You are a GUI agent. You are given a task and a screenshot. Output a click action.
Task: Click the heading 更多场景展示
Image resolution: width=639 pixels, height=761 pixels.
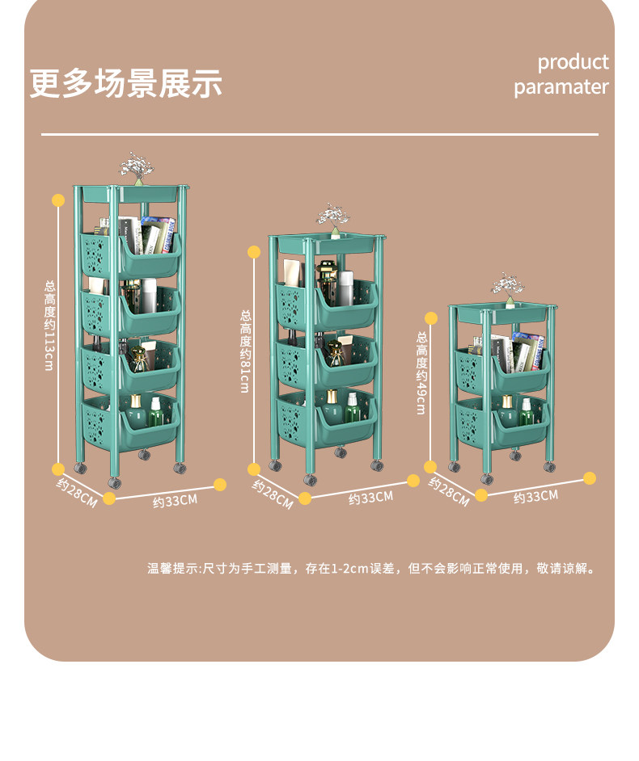click(125, 84)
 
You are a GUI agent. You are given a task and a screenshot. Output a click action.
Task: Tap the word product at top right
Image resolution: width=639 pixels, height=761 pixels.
click(573, 62)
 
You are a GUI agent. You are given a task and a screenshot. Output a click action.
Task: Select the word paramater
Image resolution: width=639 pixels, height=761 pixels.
click(561, 87)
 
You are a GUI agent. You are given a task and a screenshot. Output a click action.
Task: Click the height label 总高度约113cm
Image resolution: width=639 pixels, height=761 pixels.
click(49, 326)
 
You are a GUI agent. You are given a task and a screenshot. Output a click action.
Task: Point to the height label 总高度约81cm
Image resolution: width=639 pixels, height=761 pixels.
click(245, 351)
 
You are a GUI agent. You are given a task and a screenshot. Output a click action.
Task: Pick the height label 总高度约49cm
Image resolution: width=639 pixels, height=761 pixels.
click(421, 372)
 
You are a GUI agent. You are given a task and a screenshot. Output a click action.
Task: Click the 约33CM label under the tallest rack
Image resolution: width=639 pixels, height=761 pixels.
click(175, 501)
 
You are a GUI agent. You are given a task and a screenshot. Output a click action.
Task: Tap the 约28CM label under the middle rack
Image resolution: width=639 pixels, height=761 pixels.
click(273, 494)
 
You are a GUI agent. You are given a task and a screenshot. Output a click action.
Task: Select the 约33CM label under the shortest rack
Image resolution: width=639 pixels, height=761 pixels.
click(535, 497)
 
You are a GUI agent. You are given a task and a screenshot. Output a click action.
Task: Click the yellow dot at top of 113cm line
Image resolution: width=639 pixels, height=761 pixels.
click(58, 200)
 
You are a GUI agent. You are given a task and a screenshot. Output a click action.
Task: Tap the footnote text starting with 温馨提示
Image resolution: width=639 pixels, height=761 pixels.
click(372, 569)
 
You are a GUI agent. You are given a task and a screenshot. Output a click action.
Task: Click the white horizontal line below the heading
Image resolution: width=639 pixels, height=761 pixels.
click(319, 134)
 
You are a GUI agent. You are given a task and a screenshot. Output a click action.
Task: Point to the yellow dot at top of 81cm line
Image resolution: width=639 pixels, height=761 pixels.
click(254, 252)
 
